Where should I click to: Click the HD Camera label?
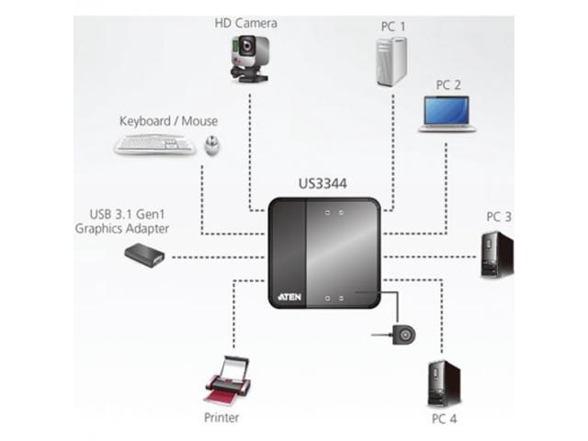[x=244, y=23]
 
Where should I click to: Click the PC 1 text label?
[x=392, y=27]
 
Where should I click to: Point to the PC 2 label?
[x=448, y=85]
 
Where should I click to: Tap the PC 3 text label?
[x=499, y=218]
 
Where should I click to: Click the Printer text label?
[x=221, y=418]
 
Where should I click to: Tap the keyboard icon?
[x=154, y=144]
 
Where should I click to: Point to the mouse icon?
[x=211, y=144]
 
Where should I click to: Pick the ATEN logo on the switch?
[x=287, y=296]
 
